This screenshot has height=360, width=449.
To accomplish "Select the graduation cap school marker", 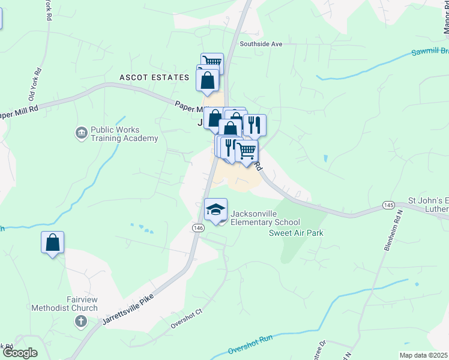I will coord(216,210).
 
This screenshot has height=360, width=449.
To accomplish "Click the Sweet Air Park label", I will coord(296,233).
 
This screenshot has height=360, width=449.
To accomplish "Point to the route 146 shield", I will coord(199,228).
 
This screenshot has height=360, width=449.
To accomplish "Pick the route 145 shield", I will coord(387,206).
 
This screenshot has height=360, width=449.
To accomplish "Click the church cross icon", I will coord(80,322).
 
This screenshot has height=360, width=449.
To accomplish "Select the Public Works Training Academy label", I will coord(124,134).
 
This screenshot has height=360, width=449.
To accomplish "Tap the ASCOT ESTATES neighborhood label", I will coord(154,77).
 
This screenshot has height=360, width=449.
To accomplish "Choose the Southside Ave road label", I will coord(261,44).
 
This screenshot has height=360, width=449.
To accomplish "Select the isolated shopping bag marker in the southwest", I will coord(53,243).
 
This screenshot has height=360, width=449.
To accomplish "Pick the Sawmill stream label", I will coord(429,52).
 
